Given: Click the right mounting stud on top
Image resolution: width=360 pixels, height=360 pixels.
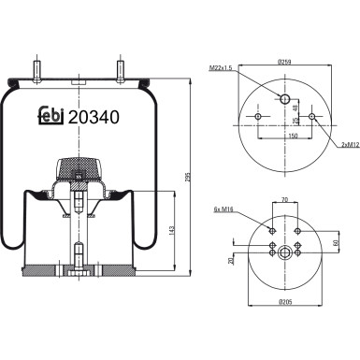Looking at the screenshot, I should (122, 70).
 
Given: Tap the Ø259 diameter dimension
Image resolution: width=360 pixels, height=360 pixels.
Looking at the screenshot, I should (285, 62).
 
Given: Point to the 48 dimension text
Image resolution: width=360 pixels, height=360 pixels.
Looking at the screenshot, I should (298, 106).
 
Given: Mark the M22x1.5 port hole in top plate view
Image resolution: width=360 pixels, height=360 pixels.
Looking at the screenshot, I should (285, 97).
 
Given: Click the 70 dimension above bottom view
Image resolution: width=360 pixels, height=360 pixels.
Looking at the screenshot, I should (284, 201).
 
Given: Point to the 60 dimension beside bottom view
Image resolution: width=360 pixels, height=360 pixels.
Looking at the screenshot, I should (334, 242).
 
